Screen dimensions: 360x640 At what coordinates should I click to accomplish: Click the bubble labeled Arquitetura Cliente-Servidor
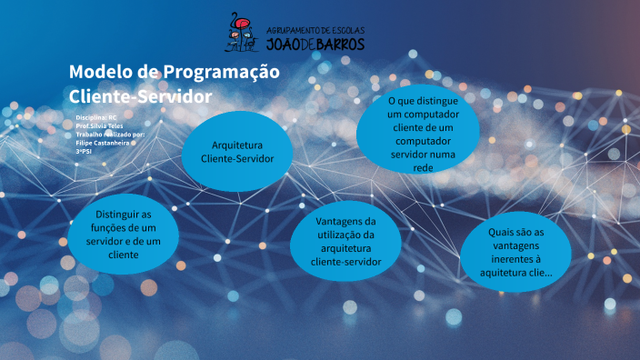(x=237, y=152)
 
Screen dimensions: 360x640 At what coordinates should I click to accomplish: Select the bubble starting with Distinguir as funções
(x=115, y=234)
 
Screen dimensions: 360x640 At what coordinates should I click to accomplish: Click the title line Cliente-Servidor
(x=140, y=95)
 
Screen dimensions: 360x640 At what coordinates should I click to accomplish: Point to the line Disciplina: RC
(x=96, y=117)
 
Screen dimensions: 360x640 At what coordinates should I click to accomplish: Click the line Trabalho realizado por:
(x=110, y=134)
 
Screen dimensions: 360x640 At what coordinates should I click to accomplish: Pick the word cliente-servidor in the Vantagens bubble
(x=345, y=261)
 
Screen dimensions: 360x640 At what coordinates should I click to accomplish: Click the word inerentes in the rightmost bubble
(x=515, y=258)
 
